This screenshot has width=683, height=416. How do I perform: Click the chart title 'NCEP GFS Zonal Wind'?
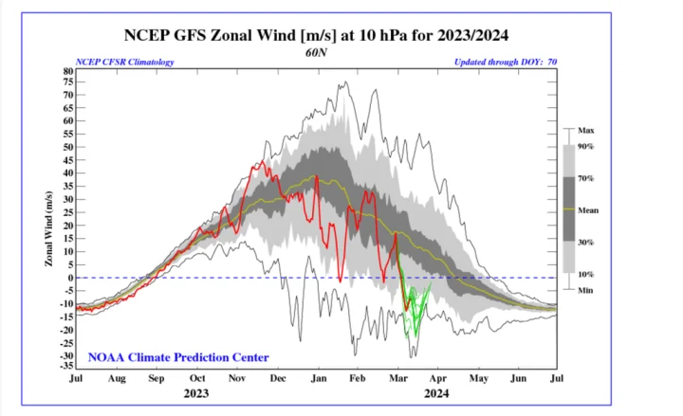(317, 36)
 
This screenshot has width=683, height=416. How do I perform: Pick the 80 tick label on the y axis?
(67, 70)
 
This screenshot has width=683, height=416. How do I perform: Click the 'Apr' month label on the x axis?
(436, 378)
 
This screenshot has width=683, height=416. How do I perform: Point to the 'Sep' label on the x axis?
(157, 378)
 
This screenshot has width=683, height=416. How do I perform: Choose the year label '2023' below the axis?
(196, 392)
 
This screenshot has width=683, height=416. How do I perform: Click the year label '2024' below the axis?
(436, 392)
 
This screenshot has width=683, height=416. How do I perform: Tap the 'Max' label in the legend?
(586, 130)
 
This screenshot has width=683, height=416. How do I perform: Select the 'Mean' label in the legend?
(588, 208)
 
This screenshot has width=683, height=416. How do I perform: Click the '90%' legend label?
(586, 146)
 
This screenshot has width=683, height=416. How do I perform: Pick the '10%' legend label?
(586, 274)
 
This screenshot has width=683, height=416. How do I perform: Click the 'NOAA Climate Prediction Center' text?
(178, 357)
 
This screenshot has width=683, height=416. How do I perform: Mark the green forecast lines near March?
(415, 313)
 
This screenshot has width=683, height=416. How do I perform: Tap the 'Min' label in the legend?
(585, 289)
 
